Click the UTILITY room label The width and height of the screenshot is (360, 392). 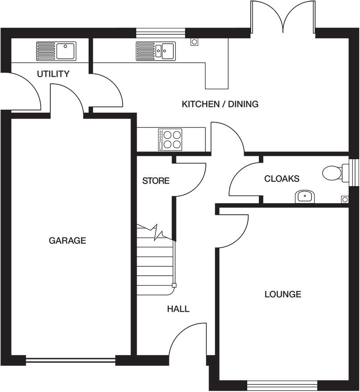pyautogui.click(x=53, y=74)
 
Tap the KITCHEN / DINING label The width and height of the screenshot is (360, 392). pyautogui.click(x=220, y=104)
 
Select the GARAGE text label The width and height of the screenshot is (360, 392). pyautogui.click(x=67, y=241)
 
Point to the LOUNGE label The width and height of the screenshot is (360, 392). pyautogui.click(x=282, y=294)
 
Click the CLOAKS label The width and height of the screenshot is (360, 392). pyautogui.click(x=282, y=179)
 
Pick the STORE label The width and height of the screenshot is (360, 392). pyautogui.click(x=155, y=181)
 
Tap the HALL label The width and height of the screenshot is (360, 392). pyautogui.click(x=178, y=309)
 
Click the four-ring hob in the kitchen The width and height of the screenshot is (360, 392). pyautogui.click(x=170, y=139)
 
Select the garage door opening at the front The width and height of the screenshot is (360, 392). pyautogui.click(x=70, y=360)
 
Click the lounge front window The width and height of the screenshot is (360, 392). pyautogui.click(x=282, y=384)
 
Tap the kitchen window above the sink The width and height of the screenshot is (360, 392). pyautogui.click(x=160, y=32)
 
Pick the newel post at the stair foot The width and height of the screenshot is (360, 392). pyautogui.click(x=174, y=286)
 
